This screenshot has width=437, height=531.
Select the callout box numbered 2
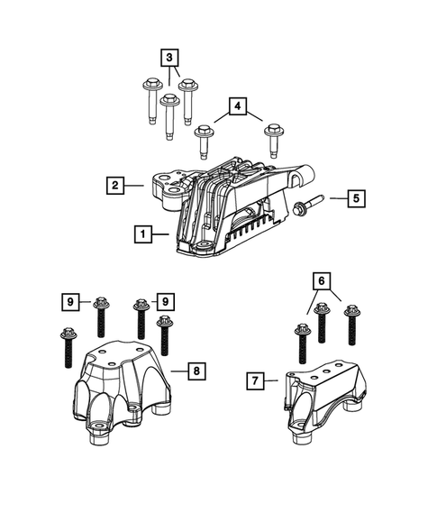(114, 186)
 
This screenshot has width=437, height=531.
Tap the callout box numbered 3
(168, 58)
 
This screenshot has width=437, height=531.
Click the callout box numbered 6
(318, 280)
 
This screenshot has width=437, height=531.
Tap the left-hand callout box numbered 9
(71, 299)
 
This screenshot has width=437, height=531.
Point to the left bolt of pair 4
(204, 142)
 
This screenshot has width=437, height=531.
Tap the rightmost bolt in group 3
(189, 101)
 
